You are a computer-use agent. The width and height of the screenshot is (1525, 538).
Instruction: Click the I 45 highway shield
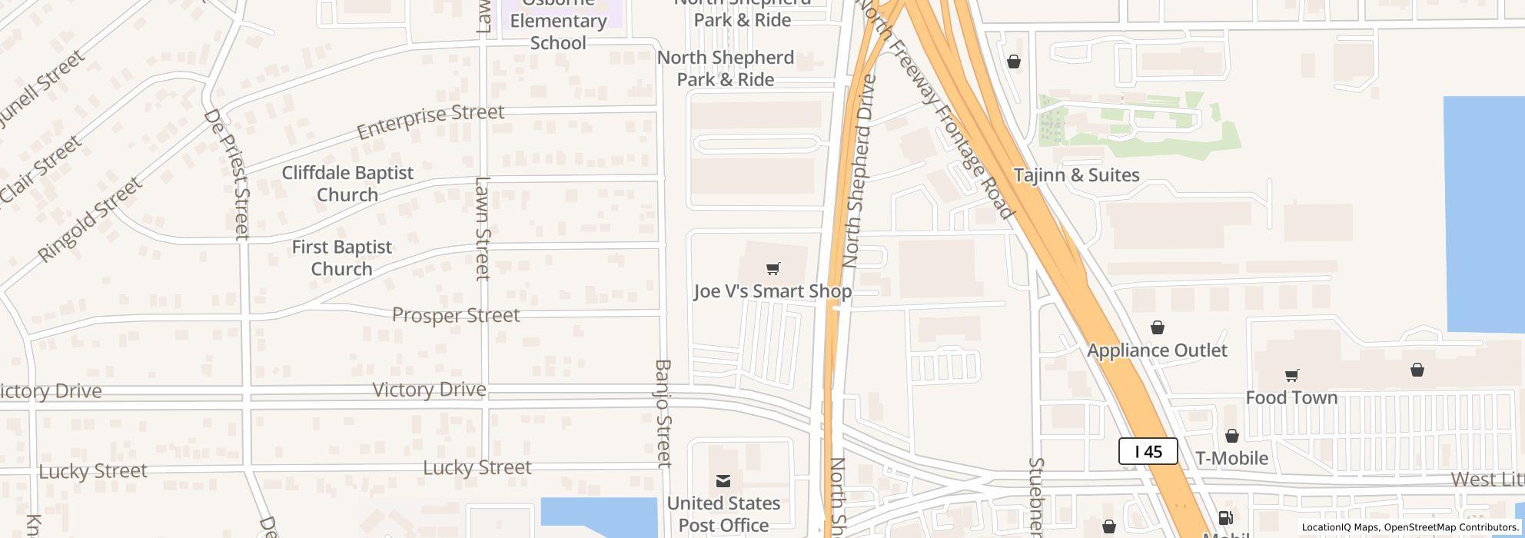pos(1148,451)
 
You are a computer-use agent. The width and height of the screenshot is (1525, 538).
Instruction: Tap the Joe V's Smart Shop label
pos(772,291)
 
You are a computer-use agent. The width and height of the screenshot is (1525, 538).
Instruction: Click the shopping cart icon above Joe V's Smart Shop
pos(773,268)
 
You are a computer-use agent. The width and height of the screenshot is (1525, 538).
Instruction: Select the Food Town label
pos(1291,397)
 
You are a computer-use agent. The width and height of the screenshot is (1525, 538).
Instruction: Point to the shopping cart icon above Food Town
pos(1291,376)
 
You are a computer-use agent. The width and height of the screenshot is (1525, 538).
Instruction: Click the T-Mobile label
pos(1231,458)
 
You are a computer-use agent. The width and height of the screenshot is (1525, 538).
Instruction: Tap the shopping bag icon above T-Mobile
pos(1231,436)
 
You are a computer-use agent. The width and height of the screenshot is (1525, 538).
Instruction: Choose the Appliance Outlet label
pos(1157,350)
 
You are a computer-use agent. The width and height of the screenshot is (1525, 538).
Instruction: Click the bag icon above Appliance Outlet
pos(1157,328)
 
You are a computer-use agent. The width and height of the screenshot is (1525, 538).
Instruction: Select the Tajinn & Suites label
pos(1076,175)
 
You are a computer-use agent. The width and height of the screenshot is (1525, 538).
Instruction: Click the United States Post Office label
pos(723,514)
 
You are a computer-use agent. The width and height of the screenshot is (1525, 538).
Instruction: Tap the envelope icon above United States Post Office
pos(723,481)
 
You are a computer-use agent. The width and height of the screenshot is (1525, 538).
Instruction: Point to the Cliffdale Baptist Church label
pos(347,184)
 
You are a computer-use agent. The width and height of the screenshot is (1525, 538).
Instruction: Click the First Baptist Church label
pos(342,258)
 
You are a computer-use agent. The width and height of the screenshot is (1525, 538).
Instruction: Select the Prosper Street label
pos(456,315)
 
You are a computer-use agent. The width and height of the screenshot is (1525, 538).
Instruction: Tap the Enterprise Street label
pos(430,121)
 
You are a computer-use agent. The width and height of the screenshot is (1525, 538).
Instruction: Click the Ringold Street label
pos(91,219)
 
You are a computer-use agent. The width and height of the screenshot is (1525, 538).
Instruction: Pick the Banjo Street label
pos(663,413)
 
